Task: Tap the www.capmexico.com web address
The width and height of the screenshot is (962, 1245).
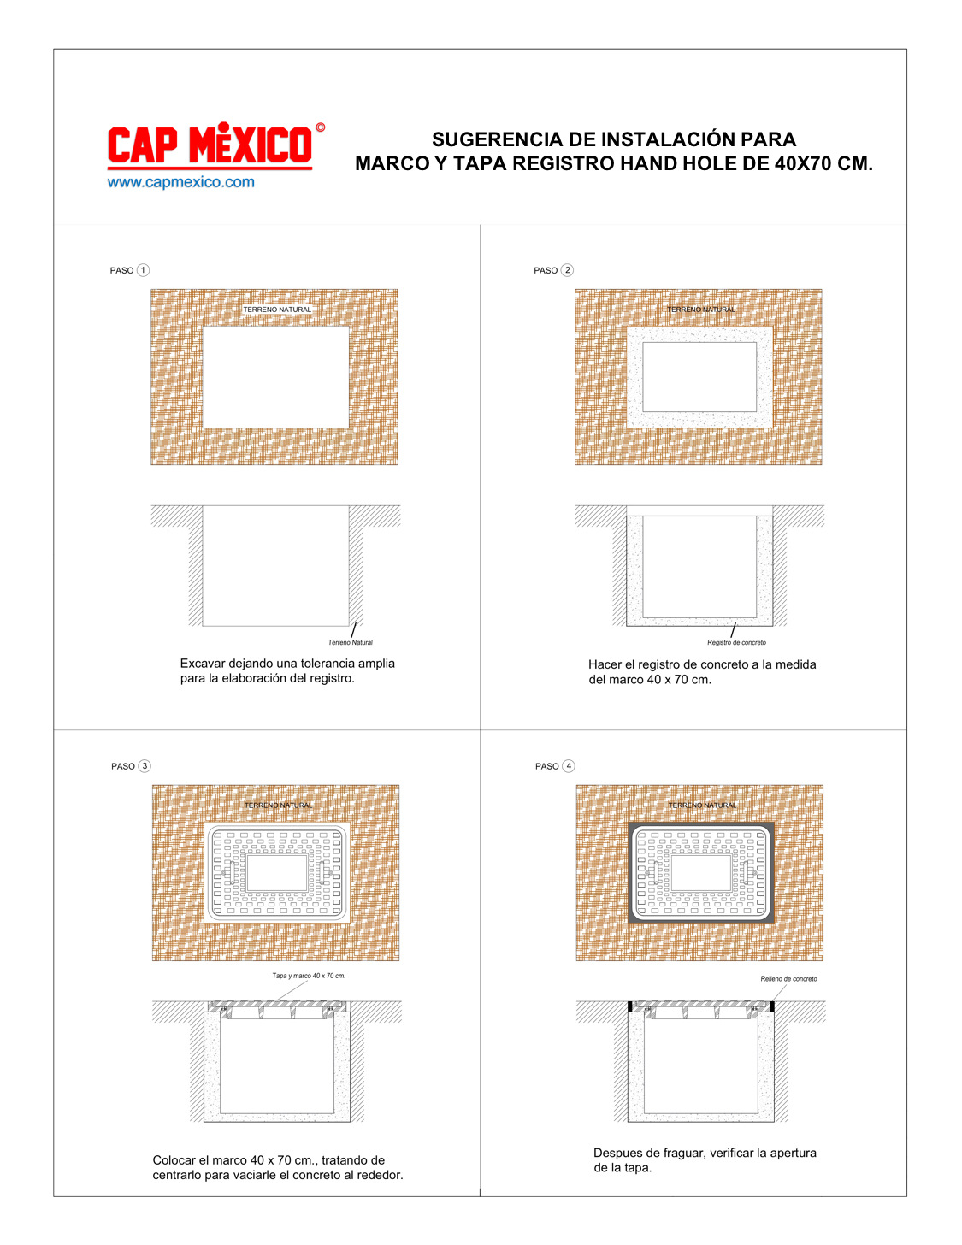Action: [x=181, y=182]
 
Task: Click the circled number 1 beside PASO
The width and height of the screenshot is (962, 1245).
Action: [x=144, y=270]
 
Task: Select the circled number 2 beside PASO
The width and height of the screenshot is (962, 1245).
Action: [x=567, y=270]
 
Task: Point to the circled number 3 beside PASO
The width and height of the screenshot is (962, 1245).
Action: [x=145, y=766]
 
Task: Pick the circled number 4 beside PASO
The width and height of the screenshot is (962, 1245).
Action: [x=569, y=766]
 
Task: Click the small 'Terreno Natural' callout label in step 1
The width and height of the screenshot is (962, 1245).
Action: [x=350, y=642]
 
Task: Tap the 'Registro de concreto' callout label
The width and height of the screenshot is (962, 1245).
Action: [x=736, y=642]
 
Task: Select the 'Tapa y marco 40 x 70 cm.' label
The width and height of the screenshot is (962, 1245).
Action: [x=309, y=976]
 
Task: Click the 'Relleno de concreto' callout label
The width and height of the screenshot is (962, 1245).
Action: [x=789, y=978]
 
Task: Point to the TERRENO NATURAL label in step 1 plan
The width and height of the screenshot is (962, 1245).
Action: [x=277, y=310]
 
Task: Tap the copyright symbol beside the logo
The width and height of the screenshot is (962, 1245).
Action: [x=321, y=127]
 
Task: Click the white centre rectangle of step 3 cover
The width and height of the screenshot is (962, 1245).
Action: [x=277, y=872]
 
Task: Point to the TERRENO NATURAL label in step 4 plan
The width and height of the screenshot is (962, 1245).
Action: [x=702, y=805]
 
